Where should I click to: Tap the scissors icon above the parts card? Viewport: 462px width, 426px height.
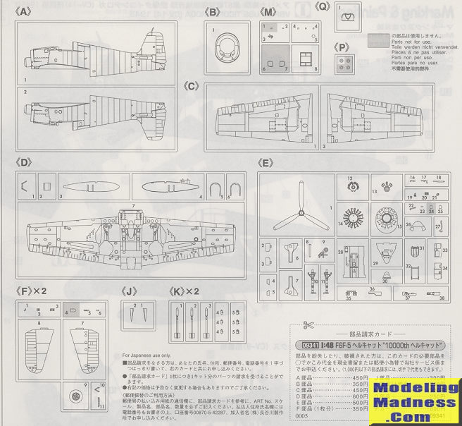click(x=307, y=325)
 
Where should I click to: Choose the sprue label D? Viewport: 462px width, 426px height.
click(x=25, y=162)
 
